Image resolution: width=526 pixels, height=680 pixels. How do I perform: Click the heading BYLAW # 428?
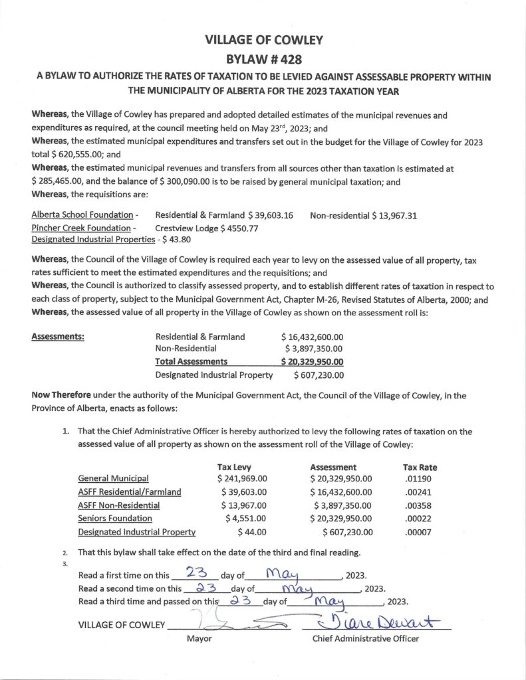[x=264, y=58]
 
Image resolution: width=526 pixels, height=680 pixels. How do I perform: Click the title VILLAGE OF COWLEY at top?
[x=264, y=40]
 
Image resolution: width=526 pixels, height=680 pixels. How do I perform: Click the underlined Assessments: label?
[x=58, y=337]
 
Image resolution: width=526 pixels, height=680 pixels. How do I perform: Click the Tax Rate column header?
[x=420, y=467]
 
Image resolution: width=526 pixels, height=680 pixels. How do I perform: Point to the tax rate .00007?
[x=416, y=532]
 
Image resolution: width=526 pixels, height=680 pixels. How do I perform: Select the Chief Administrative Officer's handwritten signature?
[x=375, y=623]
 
